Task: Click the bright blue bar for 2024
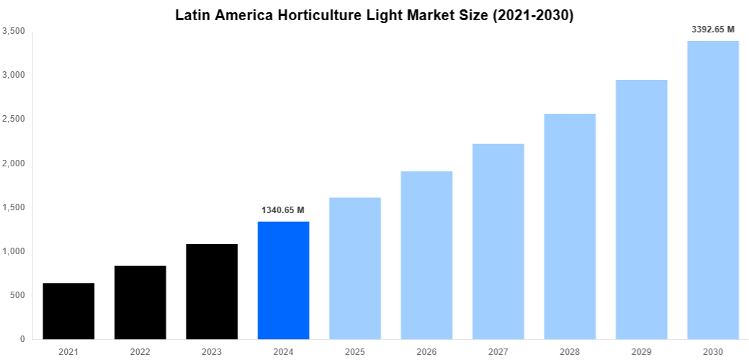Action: coord(283,280)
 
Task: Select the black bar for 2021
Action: coord(68,311)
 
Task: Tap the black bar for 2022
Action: coord(140,302)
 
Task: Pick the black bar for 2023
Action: coord(212,292)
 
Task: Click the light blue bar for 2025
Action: coord(355,268)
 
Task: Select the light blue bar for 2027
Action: coord(498,241)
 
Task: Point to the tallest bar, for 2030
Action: coord(713,190)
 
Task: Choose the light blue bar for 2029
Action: coord(641,209)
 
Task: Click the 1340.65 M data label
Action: coord(283,210)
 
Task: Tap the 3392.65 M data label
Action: coord(712,30)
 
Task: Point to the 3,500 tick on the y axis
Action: coord(14,31)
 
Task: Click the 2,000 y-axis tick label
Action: coord(14,163)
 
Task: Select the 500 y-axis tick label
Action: coord(18,295)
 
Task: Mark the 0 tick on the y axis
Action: coord(22,339)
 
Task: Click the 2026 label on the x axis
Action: coord(426,351)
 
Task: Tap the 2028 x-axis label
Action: coord(570,351)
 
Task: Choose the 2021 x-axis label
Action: coord(68,351)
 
